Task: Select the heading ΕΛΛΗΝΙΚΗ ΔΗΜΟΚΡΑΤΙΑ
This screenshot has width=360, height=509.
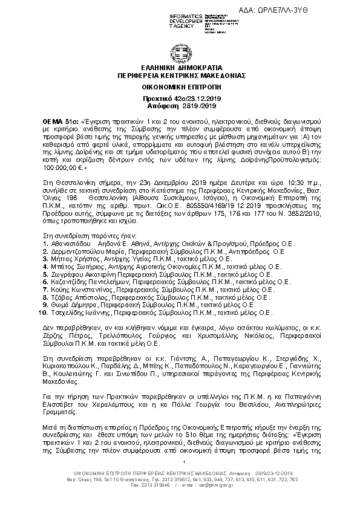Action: click(180, 70)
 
